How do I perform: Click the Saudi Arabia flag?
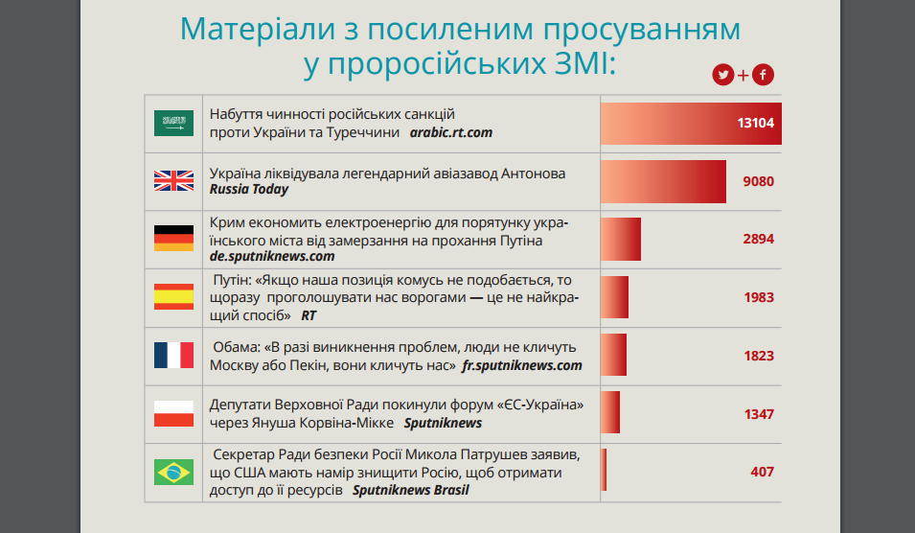click(x=173, y=124)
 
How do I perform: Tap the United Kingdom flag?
click(x=173, y=181)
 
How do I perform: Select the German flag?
click(x=173, y=239)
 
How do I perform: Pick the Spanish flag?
click(x=173, y=297)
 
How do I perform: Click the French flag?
click(x=173, y=356)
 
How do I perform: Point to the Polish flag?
click(x=173, y=414)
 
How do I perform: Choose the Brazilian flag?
click(x=173, y=472)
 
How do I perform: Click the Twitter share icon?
click(x=722, y=75)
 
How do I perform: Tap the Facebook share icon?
click(x=763, y=75)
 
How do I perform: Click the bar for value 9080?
click(x=663, y=181)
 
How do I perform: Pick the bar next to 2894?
click(x=621, y=239)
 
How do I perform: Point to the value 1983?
click(x=758, y=297)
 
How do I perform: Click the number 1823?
click(x=758, y=356)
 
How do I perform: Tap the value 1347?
click(x=758, y=414)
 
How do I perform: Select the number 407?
click(x=762, y=472)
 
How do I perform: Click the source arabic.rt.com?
click(x=450, y=132)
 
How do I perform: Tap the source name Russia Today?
click(x=249, y=190)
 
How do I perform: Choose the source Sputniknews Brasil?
click(x=410, y=490)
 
